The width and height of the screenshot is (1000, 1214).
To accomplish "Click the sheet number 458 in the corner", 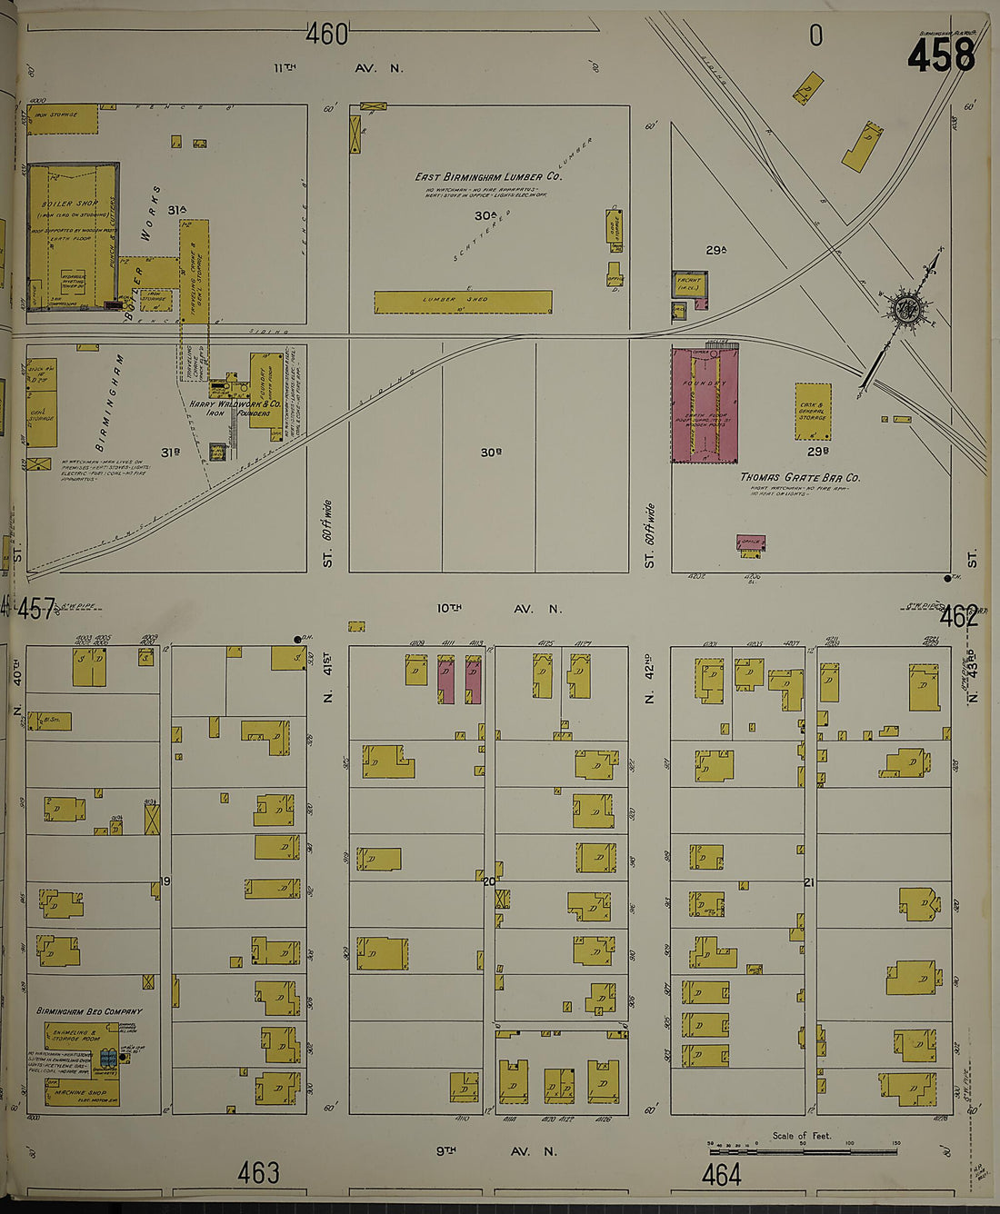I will pyautogui.click(x=940, y=56).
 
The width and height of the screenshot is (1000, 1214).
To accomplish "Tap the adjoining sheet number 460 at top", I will pyautogui.click(x=327, y=35).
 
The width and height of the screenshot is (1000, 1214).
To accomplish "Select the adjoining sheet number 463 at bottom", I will pyautogui.click(x=258, y=1173).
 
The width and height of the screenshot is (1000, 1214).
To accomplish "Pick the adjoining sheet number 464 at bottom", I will pyautogui.click(x=721, y=1175).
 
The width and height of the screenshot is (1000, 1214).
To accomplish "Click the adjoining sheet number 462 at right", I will pyautogui.click(x=959, y=617).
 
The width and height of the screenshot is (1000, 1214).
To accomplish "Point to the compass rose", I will pyautogui.click(x=906, y=310).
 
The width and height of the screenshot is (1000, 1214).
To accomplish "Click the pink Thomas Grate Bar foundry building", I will pyautogui.click(x=705, y=405).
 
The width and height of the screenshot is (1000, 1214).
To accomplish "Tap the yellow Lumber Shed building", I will pyautogui.click(x=463, y=302).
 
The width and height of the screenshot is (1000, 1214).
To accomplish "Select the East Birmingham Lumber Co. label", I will pyautogui.click(x=488, y=176).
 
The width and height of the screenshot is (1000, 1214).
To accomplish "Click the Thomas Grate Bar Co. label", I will pyautogui.click(x=800, y=477).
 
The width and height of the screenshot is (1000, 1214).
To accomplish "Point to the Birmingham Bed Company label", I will pyautogui.click(x=89, y=1010).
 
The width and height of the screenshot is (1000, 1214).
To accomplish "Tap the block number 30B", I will pyautogui.click(x=491, y=452).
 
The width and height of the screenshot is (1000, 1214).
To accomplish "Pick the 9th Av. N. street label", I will pyautogui.click(x=495, y=1151).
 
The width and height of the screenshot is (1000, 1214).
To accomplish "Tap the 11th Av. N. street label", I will pyautogui.click(x=338, y=68).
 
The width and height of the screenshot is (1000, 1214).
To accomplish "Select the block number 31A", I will pyautogui.click(x=176, y=210).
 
